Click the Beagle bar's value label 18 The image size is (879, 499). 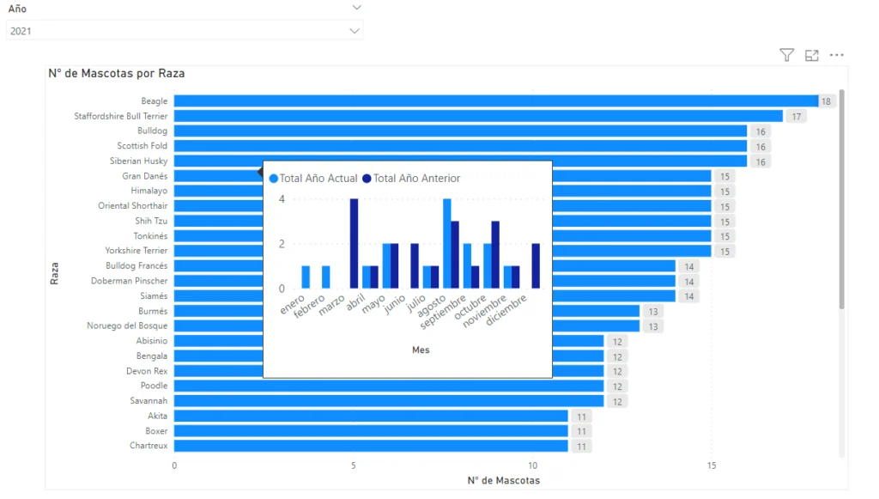(x=827, y=101)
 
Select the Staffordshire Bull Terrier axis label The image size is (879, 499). (x=121, y=116)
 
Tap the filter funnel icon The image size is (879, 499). (x=786, y=56)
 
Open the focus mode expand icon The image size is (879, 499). (x=812, y=56)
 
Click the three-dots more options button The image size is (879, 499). (x=837, y=56)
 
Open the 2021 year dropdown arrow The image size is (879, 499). (x=355, y=31)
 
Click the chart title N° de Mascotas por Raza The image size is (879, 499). (x=116, y=74)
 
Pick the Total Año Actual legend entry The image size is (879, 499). (x=313, y=179)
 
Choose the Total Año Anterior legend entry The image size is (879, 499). (x=411, y=179)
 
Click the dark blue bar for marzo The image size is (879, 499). (x=354, y=244)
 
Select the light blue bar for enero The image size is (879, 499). (x=306, y=277)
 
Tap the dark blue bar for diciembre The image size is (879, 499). (x=536, y=266)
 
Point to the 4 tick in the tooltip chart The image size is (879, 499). (x=282, y=199)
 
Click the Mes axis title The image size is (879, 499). (x=421, y=350)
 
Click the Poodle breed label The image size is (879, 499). (x=155, y=386)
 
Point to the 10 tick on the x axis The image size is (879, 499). (x=533, y=466)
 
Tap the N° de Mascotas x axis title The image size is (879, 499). (x=503, y=480)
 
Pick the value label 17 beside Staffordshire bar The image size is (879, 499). (x=797, y=116)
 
